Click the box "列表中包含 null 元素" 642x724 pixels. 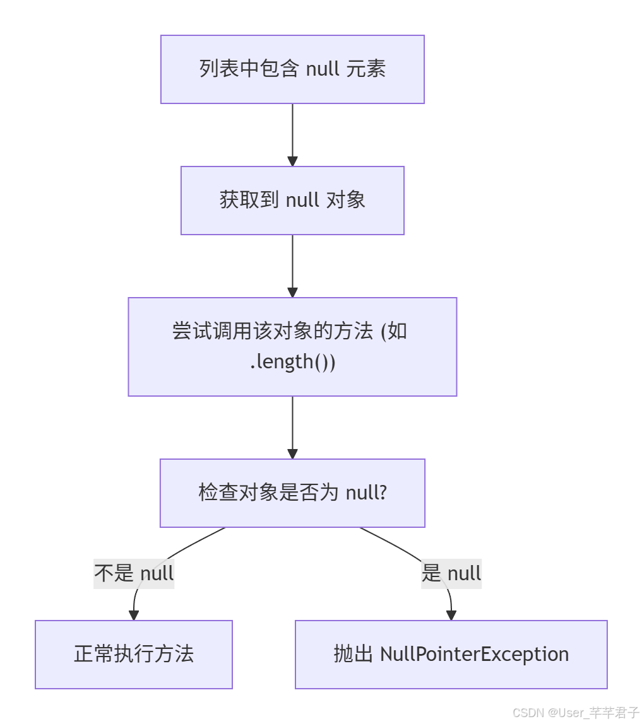pos(292,69)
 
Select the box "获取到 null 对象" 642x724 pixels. pos(292,201)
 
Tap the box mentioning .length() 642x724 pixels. pos(292,347)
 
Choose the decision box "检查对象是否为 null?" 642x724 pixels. pos(292,493)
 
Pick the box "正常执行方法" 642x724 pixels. pos(134,655)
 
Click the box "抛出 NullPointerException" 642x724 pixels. pos(451,655)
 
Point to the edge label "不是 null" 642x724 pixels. pos(134,573)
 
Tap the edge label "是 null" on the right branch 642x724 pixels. pos(451,573)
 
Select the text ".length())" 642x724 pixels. pos(292,362)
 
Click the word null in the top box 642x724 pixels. pos(323,69)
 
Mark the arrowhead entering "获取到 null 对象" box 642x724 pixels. pos(292,161)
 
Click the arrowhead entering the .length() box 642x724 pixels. pos(292,292)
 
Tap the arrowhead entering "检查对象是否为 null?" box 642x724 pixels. pos(292,453)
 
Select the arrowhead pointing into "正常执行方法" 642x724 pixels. pos(133,616)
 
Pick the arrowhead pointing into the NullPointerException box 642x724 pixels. pos(451,616)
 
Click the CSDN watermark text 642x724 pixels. pos(576,713)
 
